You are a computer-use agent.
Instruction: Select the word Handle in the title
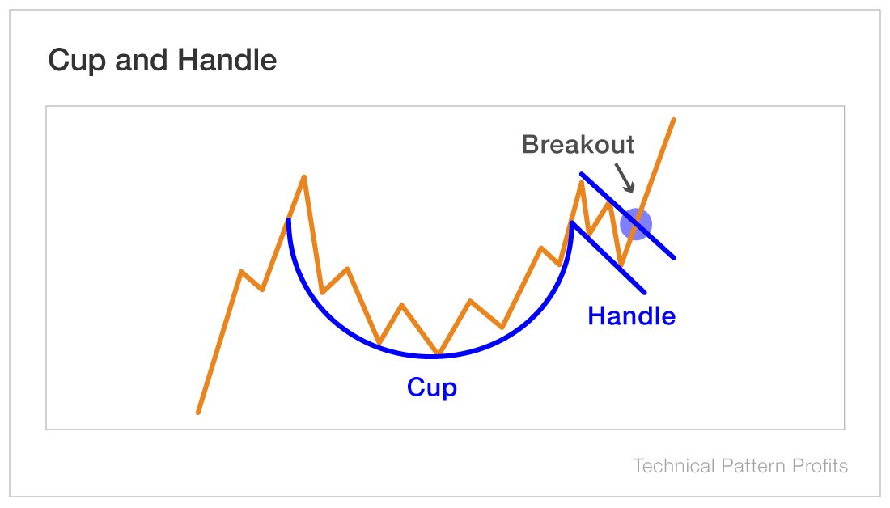pos(227,61)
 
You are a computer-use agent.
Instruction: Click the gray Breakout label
pos(578,145)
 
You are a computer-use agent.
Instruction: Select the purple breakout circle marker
pos(636,224)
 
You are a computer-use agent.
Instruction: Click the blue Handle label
pos(631,315)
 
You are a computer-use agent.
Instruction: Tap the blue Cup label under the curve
pos(432,387)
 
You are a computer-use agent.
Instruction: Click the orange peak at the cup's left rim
pos(304,176)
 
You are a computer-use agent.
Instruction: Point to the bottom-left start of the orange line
pos(198,413)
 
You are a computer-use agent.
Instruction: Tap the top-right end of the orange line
pos(673,120)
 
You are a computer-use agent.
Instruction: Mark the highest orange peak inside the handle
pos(581,183)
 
